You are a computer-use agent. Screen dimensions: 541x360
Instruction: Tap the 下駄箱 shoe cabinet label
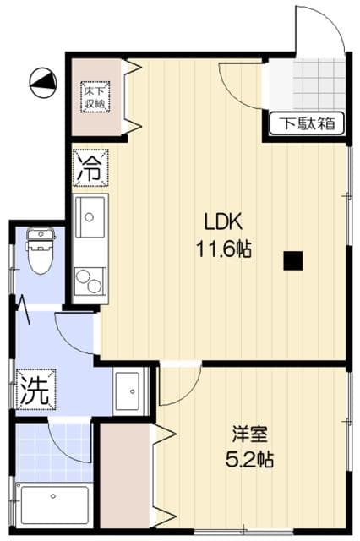308,123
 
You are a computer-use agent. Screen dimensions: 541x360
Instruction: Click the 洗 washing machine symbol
35,391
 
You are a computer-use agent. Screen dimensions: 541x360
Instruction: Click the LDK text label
224,222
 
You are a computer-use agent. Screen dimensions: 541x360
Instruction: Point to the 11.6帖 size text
224,250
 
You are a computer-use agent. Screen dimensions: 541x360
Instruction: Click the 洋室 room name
250,435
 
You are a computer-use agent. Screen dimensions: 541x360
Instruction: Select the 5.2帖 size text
250,461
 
